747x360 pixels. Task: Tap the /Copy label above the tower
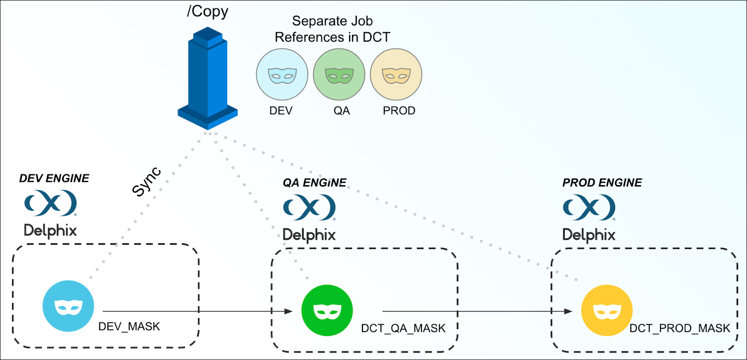(207, 11)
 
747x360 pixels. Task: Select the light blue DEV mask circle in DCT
(282, 75)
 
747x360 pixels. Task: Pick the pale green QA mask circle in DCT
(339, 75)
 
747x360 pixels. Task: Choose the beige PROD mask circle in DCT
(396, 75)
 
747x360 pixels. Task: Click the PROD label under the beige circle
(399, 111)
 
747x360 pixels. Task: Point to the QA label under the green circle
(341, 111)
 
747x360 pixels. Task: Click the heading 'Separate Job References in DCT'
(332, 29)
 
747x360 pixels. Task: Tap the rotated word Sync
(147, 181)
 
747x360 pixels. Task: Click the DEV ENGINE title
(54, 178)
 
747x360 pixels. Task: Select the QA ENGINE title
(315, 182)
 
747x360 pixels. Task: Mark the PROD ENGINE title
(602, 182)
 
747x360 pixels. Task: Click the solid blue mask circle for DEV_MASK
(68, 306)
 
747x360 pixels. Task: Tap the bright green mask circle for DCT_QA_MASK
(327, 311)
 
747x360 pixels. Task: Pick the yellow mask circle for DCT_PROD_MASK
(607, 311)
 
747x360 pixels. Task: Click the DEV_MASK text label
(129, 326)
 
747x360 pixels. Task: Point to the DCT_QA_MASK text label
(403, 328)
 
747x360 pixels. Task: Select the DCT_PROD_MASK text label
(679, 328)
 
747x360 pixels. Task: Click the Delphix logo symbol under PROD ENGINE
(589, 207)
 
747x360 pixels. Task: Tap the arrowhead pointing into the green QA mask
(289, 311)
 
